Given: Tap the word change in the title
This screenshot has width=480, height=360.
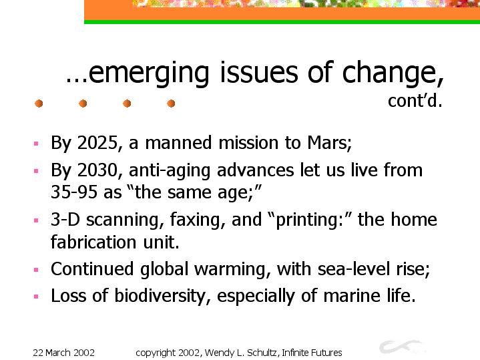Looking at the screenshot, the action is (x=393, y=73).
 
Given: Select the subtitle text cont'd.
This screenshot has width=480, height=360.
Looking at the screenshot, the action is (x=415, y=100).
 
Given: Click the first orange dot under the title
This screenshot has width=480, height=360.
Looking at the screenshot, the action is (x=39, y=104).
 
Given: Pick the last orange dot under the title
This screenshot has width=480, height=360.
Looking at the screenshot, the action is (x=171, y=104).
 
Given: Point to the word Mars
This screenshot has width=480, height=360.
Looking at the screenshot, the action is (x=329, y=143).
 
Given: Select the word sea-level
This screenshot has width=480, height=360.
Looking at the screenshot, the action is (x=354, y=269).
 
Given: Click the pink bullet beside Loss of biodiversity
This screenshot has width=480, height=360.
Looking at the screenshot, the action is (x=36, y=297).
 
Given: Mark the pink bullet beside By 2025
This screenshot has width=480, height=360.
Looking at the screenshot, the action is (x=36, y=144).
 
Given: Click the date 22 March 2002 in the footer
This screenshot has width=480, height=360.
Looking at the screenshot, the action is (x=63, y=353).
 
